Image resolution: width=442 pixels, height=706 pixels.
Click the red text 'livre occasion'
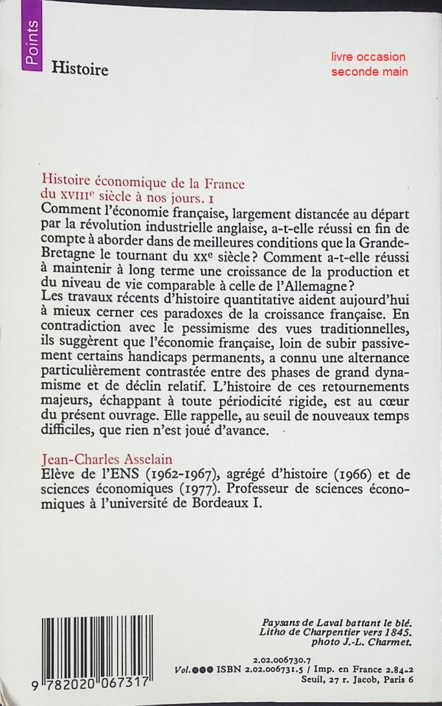(x=368, y=57)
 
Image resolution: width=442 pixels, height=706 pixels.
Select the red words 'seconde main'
(x=370, y=71)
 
